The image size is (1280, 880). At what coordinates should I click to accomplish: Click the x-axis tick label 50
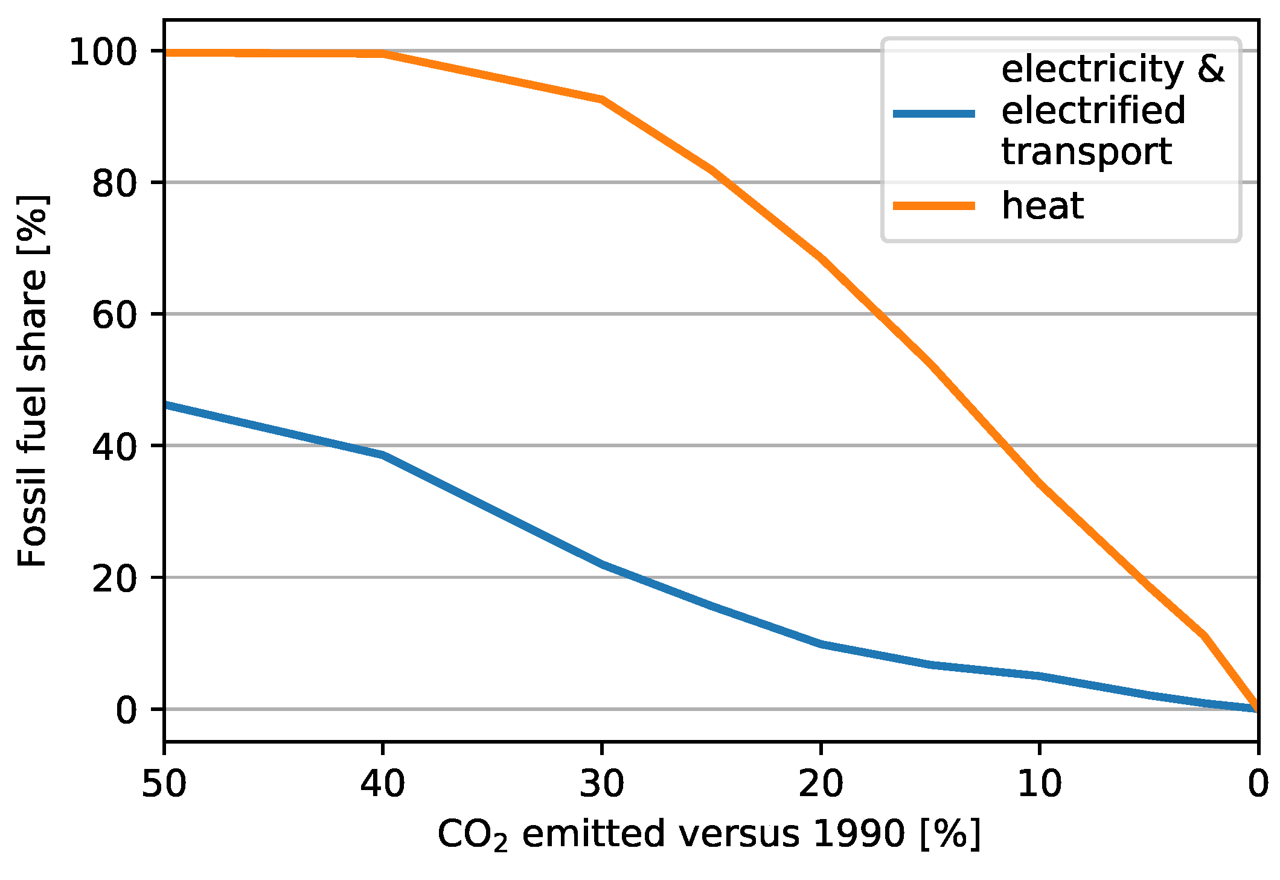tap(164, 784)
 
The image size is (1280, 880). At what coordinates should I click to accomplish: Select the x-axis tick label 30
tap(601, 784)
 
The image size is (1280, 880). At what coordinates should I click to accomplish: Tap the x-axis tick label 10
tap(1039, 784)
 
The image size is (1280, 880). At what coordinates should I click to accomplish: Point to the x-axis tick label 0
tap(1258, 784)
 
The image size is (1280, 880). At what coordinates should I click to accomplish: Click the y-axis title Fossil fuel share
tap(33, 381)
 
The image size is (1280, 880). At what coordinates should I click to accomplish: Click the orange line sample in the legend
tap(933, 206)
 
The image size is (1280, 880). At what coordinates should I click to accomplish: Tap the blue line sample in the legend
tap(933, 113)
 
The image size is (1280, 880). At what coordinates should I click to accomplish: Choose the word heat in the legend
tap(1042, 206)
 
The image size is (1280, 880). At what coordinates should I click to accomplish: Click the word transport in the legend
tap(1086, 151)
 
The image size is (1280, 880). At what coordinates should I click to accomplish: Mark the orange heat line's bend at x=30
tap(601, 99)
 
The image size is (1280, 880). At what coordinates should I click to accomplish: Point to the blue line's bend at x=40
tap(383, 454)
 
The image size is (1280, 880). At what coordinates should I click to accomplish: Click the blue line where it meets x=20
tap(821, 644)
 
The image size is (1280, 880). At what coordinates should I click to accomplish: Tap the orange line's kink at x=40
tap(383, 54)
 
